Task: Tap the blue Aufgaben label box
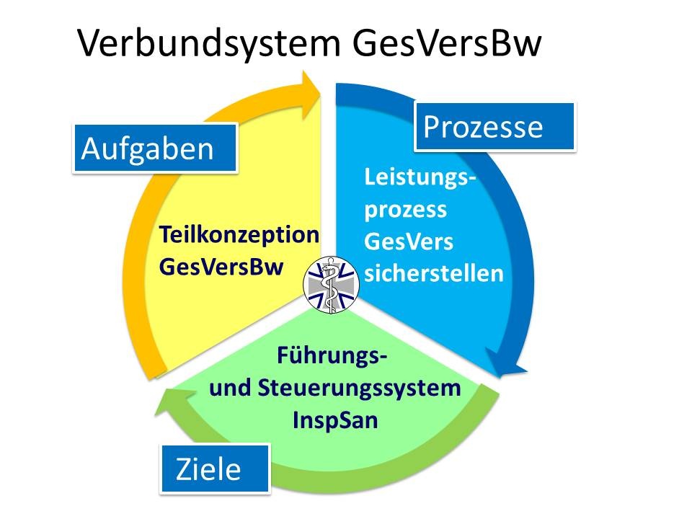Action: (x=155, y=148)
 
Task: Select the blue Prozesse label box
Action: (x=494, y=126)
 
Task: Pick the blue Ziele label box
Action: (x=214, y=469)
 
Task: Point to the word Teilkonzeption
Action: (x=239, y=235)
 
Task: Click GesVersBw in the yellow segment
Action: (x=221, y=265)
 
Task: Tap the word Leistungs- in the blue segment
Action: (x=420, y=177)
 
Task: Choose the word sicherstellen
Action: (x=434, y=274)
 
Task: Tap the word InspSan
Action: (x=334, y=420)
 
